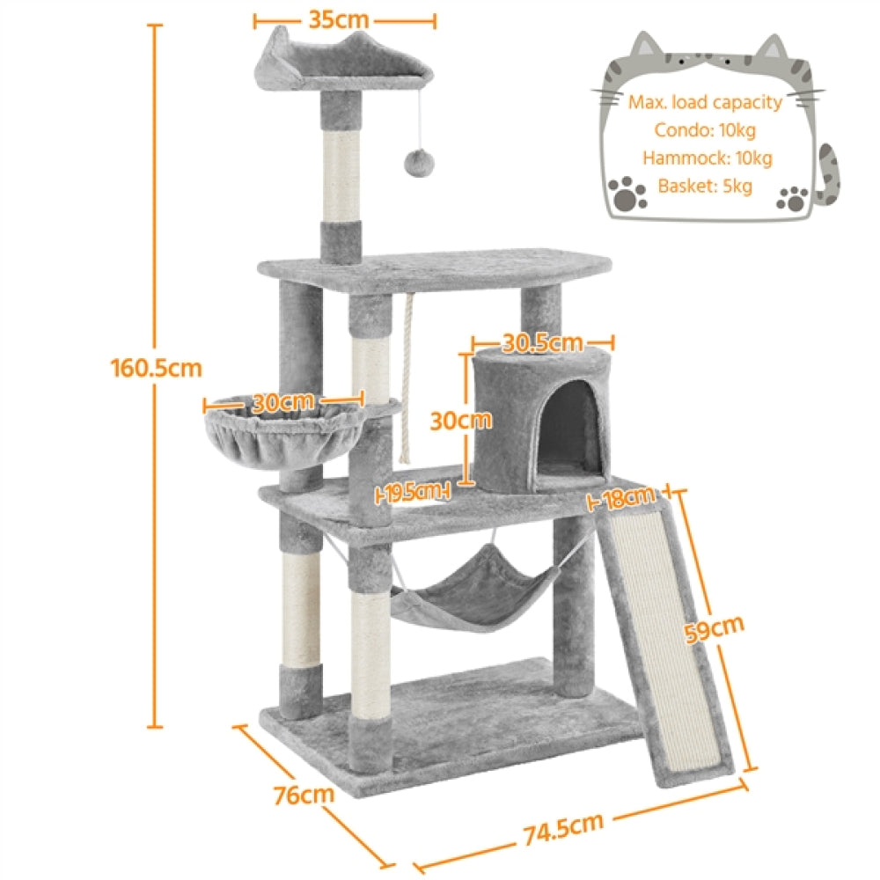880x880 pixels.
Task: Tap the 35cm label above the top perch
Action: click(x=338, y=18)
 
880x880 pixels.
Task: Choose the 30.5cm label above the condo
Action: click(x=542, y=342)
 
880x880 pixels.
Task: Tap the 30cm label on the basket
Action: click(x=282, y=403)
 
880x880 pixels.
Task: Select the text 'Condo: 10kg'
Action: click(x=705, y=130)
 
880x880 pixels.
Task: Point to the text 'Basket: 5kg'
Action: click(x=705, y=187)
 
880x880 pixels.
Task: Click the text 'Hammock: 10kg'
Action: click(x=707, y=158)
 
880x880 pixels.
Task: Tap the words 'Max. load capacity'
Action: click(x=705, y=102)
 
